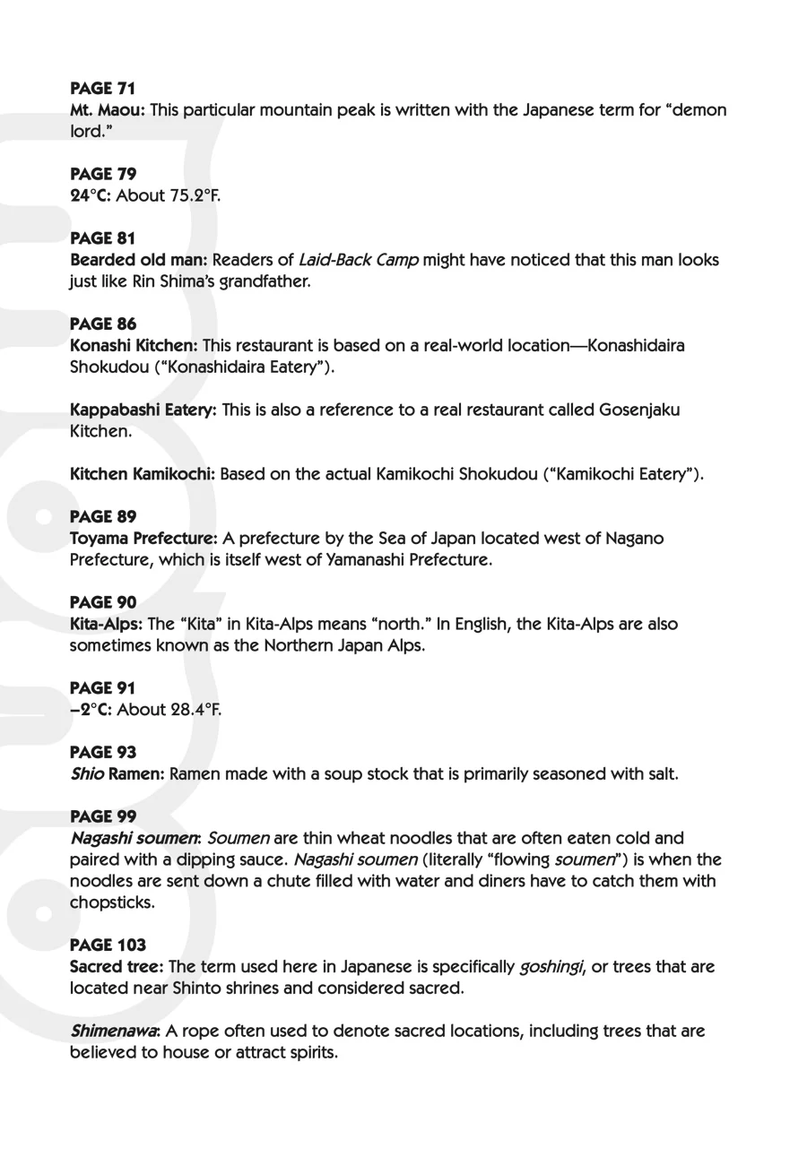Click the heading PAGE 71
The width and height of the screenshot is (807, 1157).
(x=102, y=89)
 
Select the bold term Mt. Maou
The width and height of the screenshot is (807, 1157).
(x=107, y=110)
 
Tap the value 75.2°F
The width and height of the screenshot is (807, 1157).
(x=194, y=195)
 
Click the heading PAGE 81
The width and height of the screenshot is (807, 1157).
(x=102, y=238)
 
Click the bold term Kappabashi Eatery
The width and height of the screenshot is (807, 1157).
(x=143, y=410)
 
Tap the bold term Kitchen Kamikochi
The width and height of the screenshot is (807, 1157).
(x=142, y=474)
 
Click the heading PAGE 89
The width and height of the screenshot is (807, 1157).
(x=102, y=517)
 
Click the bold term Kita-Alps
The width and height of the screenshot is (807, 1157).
(x=105, y=624)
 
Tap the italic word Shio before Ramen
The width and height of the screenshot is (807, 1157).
(x=87, y=773)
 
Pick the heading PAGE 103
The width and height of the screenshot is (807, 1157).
(x=108, y=945)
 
